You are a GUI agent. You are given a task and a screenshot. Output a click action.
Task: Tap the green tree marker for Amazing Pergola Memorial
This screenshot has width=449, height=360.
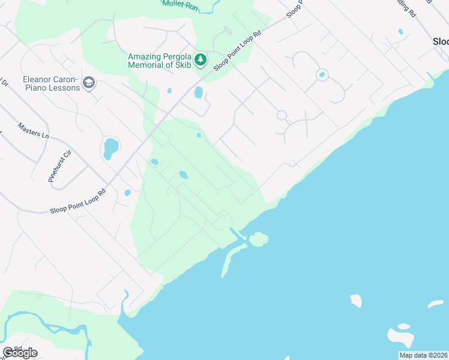tap(200, 59)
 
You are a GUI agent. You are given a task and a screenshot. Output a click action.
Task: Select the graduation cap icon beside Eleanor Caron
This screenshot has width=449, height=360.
tap(89, 83)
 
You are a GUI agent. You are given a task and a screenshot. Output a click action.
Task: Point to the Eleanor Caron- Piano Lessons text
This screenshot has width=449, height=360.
tap(51, 83)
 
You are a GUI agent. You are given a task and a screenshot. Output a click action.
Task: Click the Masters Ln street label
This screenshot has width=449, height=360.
tap(33, 131)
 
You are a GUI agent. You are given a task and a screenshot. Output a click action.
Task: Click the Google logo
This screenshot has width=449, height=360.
tap(20, 353)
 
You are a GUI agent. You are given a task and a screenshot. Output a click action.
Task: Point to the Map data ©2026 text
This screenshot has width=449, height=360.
tap(423, 355)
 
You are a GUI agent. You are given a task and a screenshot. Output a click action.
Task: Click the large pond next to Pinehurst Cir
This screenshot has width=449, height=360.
tap(111, 148)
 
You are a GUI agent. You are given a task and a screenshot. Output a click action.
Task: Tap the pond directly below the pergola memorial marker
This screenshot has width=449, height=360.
tap(199, 92)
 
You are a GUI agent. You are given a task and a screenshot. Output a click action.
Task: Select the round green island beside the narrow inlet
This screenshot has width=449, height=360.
tap(259, 240)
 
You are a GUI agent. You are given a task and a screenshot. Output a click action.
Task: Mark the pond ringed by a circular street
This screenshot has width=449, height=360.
tap(322, 75)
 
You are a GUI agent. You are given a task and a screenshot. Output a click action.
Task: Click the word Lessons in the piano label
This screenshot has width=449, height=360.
tap(63, 88)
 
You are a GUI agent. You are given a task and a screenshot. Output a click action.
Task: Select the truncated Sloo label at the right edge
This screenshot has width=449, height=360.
tap(441, 42)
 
